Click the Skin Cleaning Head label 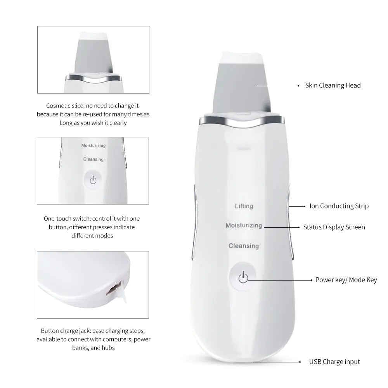[x=333, y=85]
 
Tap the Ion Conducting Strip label [x=339, y=206]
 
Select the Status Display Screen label [x=334, y=227]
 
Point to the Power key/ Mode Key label [x=346, y=280]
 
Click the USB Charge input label [x=334, y=362]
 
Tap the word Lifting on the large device [x=244, y=206]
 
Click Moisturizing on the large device [x=244, y=225]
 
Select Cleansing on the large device [x=244, y=246]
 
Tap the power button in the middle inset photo [x=93, y=180]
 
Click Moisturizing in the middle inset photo [x=93, y=145]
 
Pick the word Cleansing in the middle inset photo [x=93, y=159]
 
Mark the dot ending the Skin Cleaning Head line [x=298, y=85]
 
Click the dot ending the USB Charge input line [x=300, y=362]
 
